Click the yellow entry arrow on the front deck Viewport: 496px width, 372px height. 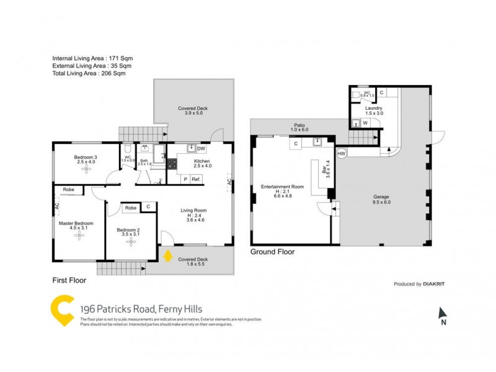[x=167, y=254]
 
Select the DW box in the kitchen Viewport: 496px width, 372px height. [x=201, y=149]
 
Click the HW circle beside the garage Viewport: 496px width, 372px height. [x=341, y=153]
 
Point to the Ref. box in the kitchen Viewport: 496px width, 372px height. [x=196, y=179]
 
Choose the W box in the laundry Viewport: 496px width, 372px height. [x=365, y=123]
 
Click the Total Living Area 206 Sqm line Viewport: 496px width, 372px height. [x=89, y=73]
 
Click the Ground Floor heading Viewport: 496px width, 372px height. [x=272, y=252]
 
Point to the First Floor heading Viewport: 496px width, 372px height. [x=69, y=280]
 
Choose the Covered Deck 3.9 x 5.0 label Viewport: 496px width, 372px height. [x=192, y=110]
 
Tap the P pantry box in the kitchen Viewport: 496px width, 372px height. [x=184, y=179]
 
